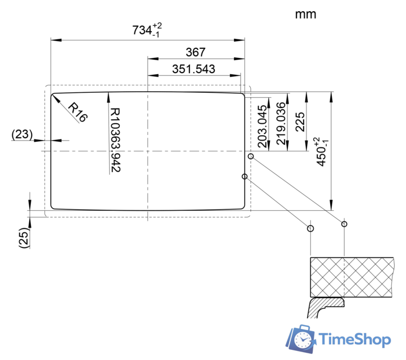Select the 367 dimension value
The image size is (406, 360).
coord(195,52)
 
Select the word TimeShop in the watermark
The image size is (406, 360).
coord(355,339)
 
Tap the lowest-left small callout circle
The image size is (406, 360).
coord(310,228)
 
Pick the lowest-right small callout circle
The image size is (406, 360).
coord(344,224)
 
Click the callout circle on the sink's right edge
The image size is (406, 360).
coord(245,177)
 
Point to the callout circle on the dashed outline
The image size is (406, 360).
coord(251,156)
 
